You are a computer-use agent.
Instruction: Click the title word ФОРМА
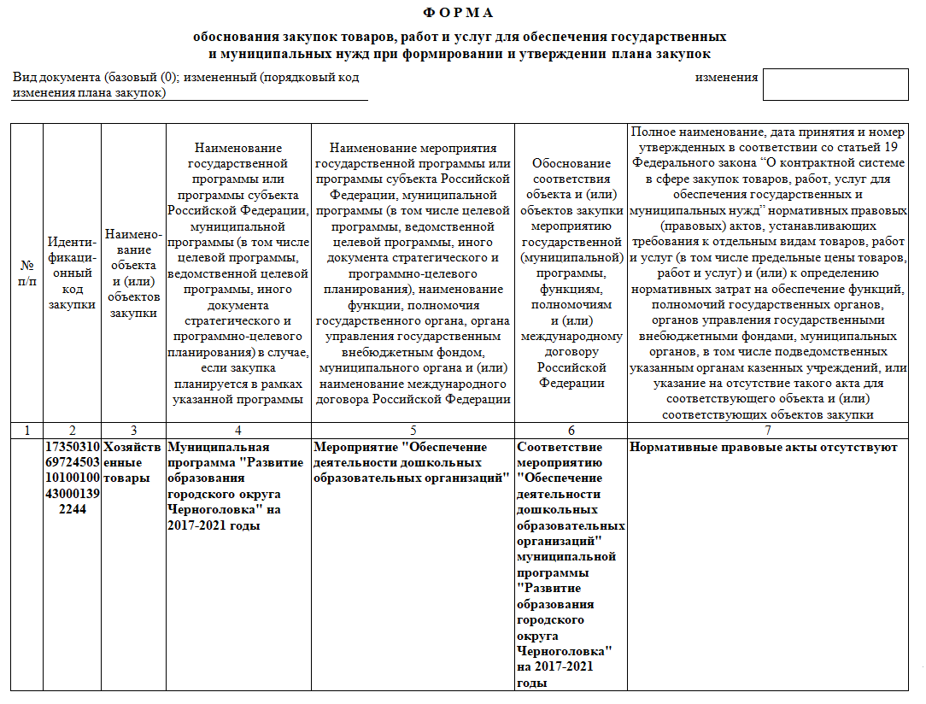tap(459, 13)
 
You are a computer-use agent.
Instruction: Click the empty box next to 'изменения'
tap(835, 85)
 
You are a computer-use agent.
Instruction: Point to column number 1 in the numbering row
tap(27, 430)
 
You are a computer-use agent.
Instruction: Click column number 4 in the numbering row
tap(237, 430)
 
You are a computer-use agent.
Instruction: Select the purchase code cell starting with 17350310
tap(73, 478)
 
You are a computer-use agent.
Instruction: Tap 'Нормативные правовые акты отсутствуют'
tap(763, 448)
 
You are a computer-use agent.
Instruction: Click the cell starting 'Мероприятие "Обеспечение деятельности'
tap(412, 462)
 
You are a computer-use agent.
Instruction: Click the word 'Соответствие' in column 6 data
tap(560, 448)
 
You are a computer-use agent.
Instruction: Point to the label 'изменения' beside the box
tap(726, 77)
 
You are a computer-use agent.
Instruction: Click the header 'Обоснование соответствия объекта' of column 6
tap(571, 272)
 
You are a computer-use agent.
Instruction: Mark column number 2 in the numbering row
tap(73, 430)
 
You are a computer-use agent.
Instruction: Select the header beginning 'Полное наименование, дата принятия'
tap(768, 272)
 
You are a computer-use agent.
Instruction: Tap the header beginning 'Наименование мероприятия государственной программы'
tap(413, 272)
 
